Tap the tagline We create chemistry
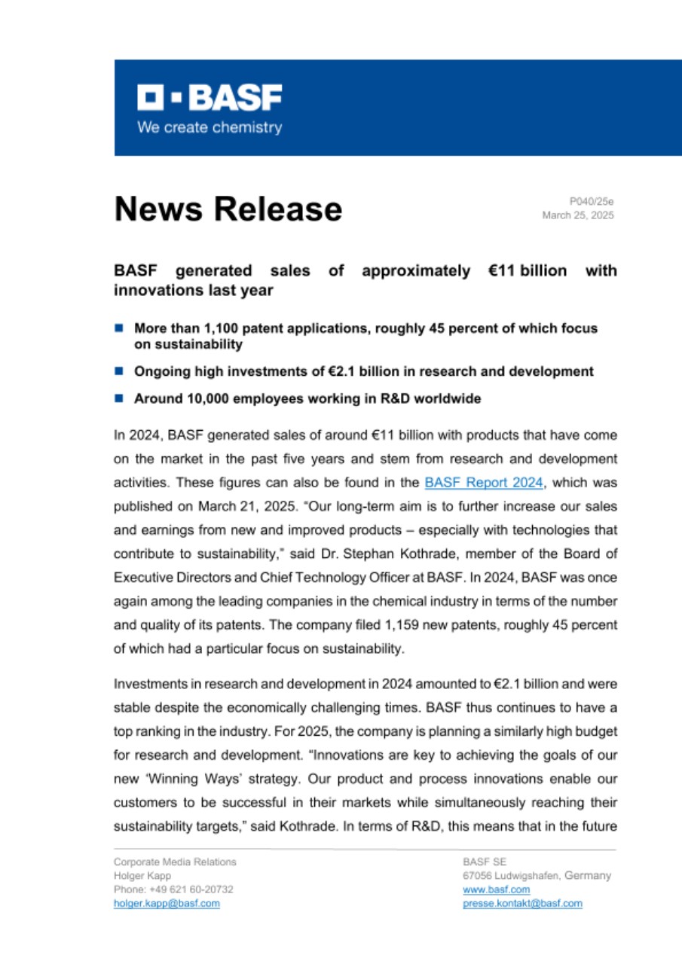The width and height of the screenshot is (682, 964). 209,127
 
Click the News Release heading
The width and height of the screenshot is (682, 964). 228,209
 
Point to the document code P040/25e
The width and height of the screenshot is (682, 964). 592,201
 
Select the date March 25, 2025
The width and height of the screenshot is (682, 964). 578,215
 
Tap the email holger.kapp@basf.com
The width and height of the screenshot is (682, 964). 167,903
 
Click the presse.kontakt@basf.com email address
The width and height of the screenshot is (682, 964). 522,903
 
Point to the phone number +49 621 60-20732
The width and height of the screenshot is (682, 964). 185,889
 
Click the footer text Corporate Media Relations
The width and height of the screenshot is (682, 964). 175,862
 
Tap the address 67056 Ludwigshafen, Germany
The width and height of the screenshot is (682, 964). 537,876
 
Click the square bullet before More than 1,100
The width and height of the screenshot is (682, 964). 118,328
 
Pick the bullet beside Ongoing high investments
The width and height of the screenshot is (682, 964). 118,371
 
